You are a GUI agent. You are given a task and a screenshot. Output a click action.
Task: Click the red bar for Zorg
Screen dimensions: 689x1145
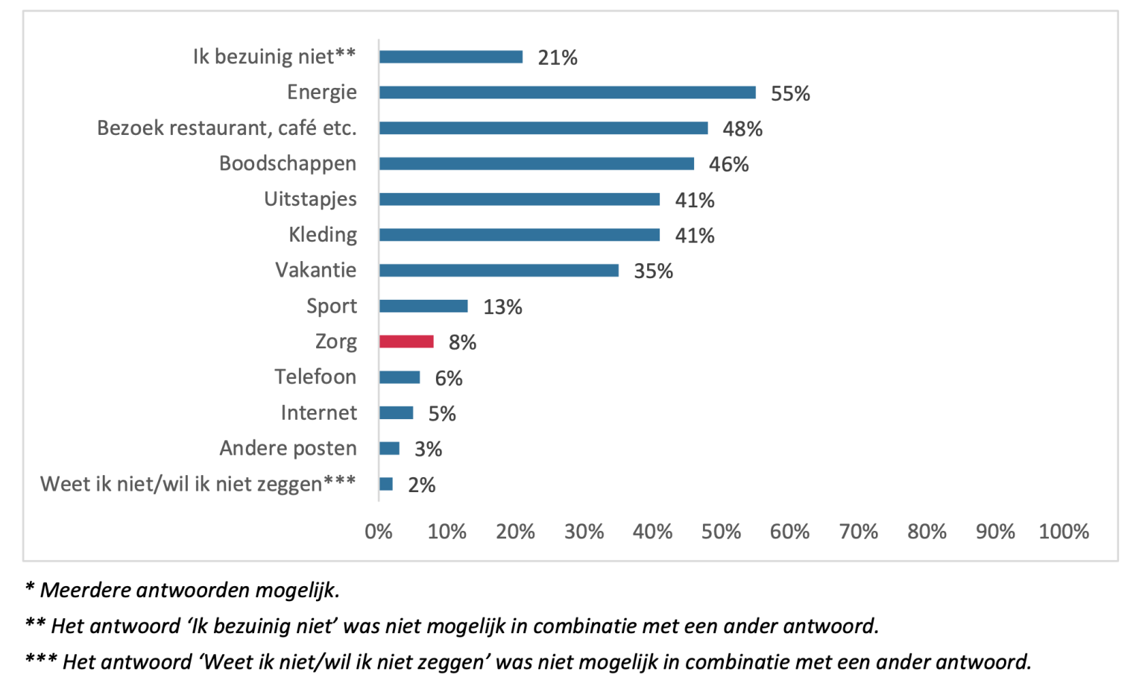click(406, 342)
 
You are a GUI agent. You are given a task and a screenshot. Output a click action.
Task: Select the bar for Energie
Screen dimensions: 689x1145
click(567, 92)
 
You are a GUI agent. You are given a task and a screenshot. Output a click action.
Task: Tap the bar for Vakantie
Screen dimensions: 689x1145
click(499, 270)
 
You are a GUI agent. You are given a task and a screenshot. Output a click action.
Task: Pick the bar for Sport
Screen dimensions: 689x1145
click(423, 306)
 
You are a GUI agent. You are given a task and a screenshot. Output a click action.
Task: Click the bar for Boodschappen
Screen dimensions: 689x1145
click(536, 164)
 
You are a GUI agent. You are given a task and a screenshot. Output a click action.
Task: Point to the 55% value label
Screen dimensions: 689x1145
click(790, 93)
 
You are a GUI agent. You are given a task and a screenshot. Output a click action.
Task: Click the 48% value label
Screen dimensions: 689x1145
click(742, 129)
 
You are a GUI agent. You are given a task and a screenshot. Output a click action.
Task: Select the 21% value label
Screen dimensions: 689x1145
click(557, 57)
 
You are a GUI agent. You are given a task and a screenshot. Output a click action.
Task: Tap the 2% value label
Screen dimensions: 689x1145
click(421, 485)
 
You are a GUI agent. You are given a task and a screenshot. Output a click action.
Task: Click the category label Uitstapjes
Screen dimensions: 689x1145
click(310, 199)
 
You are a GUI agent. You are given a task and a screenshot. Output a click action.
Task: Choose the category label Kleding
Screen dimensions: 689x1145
click(323, 235)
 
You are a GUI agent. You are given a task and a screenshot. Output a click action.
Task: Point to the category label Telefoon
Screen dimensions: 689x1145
click(315, 377)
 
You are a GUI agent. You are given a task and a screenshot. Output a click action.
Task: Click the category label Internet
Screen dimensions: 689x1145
click(318, 412)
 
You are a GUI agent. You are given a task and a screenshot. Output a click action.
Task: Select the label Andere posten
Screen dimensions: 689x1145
click(288, 448)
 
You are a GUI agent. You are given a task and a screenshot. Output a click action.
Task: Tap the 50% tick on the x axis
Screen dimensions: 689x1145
click(721, 532)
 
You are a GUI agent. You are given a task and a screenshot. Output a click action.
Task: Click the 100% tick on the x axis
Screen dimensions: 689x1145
click(1064, 532)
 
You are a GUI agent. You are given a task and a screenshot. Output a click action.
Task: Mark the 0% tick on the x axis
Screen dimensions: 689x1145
click(379, 532)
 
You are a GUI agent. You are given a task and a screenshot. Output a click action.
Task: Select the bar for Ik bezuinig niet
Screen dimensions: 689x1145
click(450, 57)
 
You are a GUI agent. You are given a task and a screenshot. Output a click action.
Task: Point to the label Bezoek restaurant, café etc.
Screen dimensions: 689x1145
click(227, 128)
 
